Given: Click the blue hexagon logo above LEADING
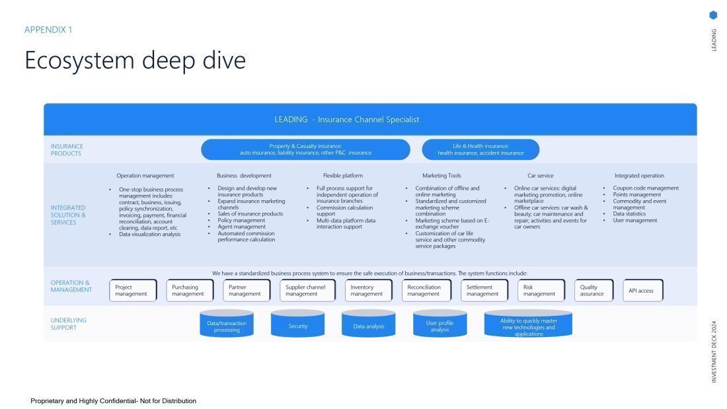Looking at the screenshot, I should pos(713,15).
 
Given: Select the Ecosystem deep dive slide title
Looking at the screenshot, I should pos(135,60).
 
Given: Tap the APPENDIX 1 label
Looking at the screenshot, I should pos(48,30).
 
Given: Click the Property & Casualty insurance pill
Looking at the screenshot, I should pos(305,149).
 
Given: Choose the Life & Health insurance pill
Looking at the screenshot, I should pos(480,149).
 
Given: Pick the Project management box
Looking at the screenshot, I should pos(133,291).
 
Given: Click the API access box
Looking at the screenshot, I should pos(642,291).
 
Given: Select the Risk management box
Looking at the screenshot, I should pos(541,291).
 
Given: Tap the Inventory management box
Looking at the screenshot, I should pos(368,291).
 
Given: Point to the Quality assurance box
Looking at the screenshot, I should pos(593,291).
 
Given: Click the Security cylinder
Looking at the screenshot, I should pos(298,325).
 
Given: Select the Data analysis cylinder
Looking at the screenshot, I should pos(368,325).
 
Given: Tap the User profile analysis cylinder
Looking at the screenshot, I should pos(440,325).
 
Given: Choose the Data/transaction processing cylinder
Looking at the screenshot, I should pos(227,325).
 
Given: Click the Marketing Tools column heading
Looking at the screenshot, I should pos(441,176).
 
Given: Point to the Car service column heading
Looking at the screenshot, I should pos(540,176).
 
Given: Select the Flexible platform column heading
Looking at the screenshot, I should pos(342,176).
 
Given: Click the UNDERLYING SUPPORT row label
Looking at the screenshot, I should pos(69,324).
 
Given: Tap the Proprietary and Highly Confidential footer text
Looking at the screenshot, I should pos(113,401).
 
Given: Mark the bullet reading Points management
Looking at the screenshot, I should pos(636,195).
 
